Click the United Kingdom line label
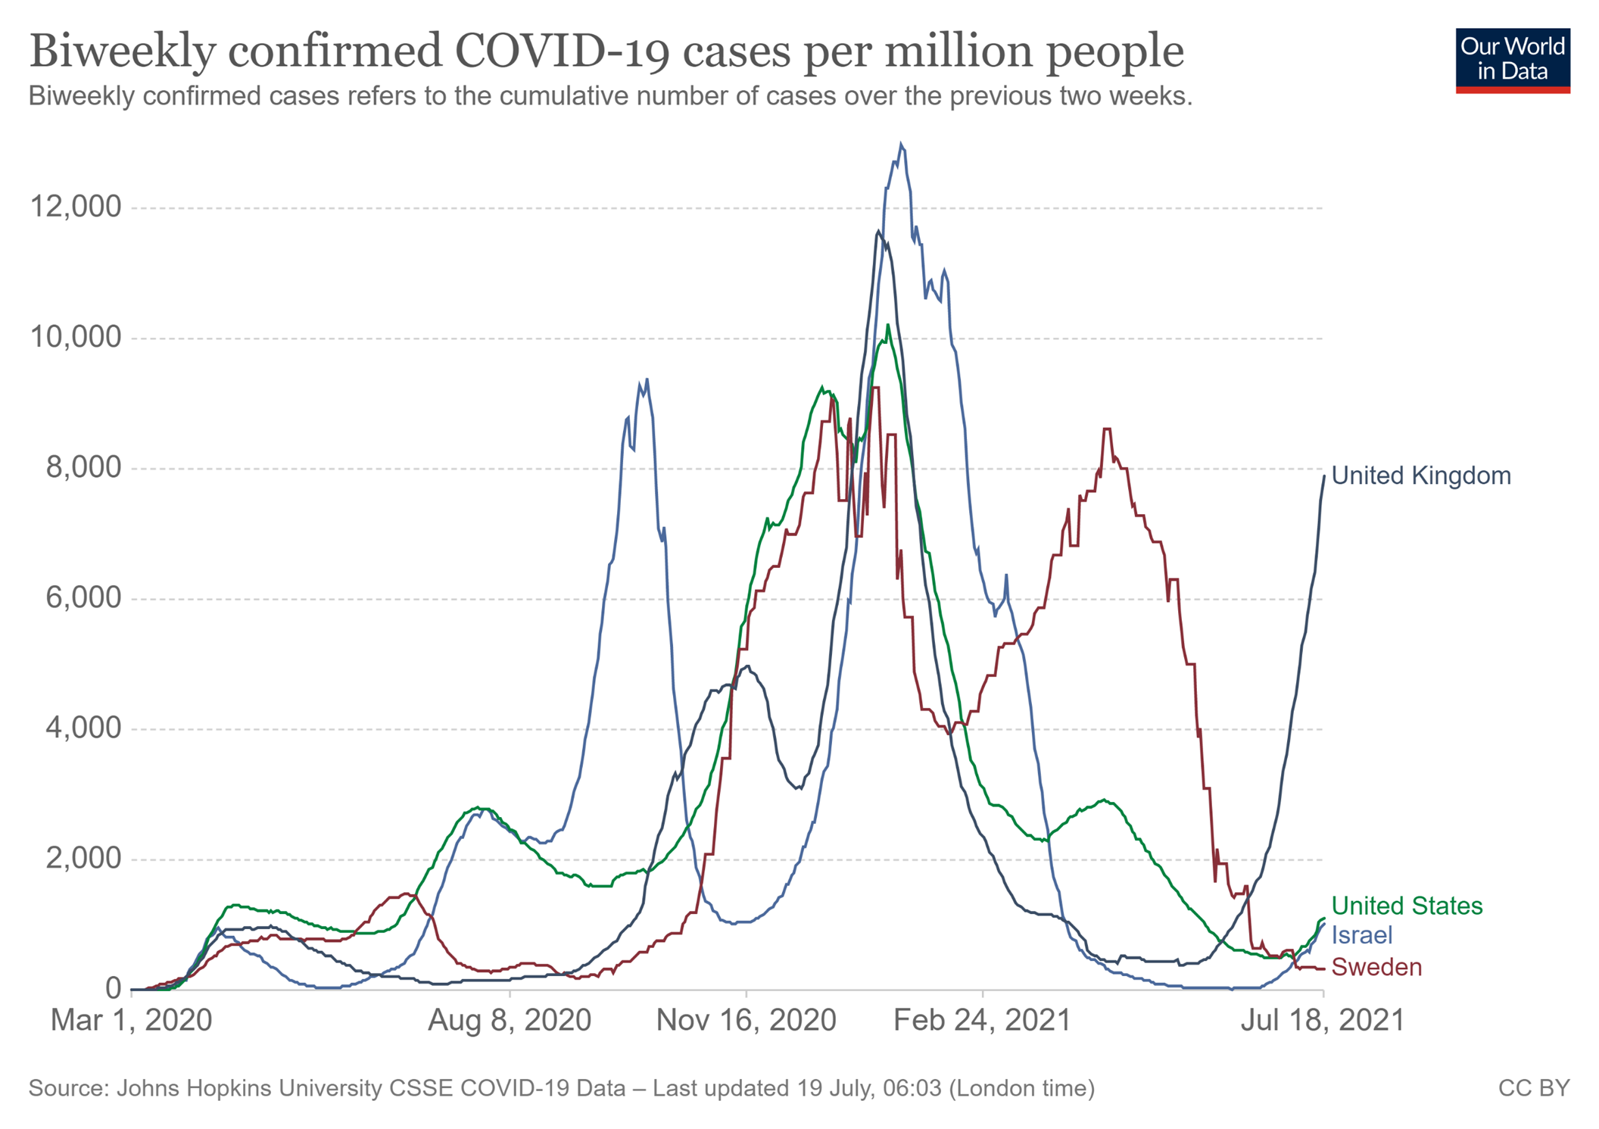(1420, 476)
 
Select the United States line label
(1407, 906)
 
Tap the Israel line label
(1361, 935)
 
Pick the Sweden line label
(1376, 967)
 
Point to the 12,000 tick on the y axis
(75, 207)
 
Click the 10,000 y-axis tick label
(75, 337)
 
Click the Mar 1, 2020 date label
(131, 1020)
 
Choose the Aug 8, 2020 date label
(510, 1020)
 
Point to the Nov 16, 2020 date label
(746, 1020)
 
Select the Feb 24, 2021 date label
(982, 1020)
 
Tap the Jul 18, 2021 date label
(1322, 1020)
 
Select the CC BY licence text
(1533, 1088)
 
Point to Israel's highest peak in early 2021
(900, 144)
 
